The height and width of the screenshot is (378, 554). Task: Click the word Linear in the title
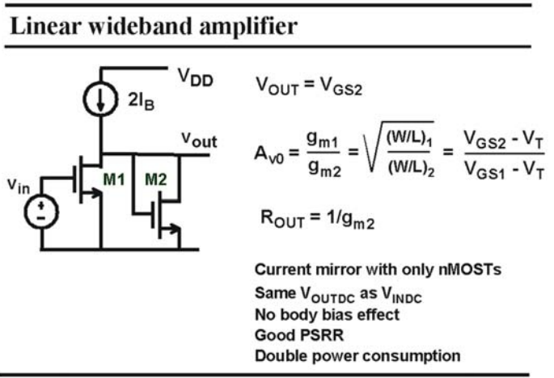pos(46,26)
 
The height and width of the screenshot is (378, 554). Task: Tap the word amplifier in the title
pos(249,27)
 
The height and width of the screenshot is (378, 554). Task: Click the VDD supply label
pos(196,78)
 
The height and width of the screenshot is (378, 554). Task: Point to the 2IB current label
pos(142,102)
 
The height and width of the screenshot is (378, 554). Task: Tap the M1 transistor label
pos(114,179)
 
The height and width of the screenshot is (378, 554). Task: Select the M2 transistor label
pos(156,179)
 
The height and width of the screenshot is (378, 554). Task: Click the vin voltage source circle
pos(41,212)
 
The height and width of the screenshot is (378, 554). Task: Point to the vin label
pos(19,185)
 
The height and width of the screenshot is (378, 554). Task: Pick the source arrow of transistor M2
pos(171,229)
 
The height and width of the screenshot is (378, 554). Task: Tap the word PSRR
pos(322,335)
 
